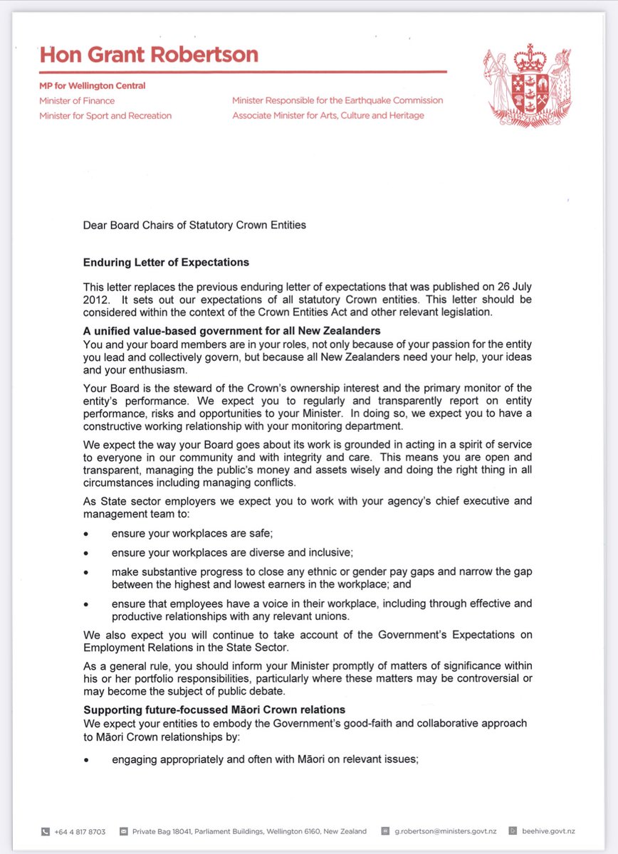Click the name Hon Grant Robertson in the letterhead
149,56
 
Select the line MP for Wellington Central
92,86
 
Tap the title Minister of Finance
76,100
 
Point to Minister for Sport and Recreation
105,115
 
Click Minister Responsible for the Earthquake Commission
337,100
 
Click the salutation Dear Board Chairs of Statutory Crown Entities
194,226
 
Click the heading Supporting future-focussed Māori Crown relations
214,710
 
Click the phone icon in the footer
45,831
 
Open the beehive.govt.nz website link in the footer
548,831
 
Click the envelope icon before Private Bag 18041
123,831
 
